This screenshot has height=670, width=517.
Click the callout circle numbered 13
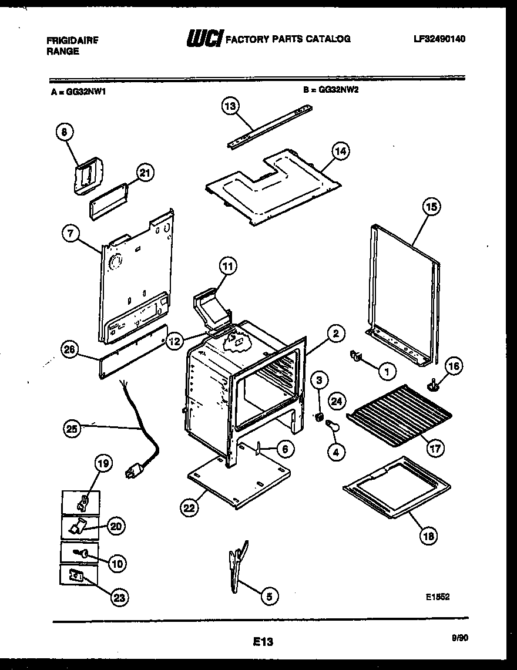tap(231, 106)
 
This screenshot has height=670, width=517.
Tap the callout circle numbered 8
tap(64, 132)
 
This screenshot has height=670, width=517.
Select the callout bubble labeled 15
tap(431, 207)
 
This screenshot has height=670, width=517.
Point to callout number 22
tap(189, 508)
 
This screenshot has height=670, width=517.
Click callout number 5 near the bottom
tap(268, 596)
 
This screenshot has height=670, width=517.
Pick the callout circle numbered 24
tap(336, 402)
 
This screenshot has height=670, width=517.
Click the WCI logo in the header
tap(203, 39)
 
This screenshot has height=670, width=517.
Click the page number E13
tap(264, 642)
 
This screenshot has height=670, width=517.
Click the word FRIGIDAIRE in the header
tap(72, 41)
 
